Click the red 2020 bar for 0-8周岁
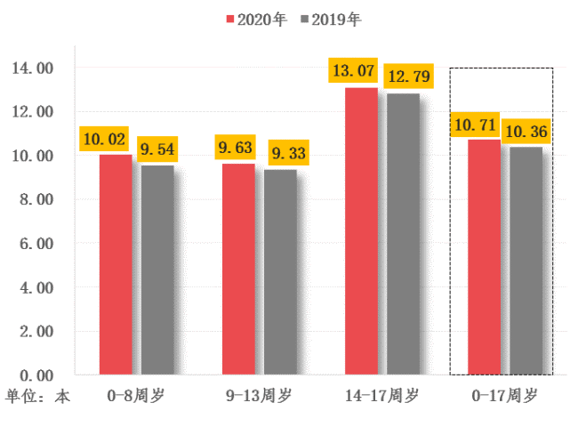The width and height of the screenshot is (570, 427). [x=116, y=264]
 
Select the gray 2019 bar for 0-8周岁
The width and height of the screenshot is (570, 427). [x=157, y=270]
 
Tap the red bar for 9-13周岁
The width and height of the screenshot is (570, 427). [x=238, y=269]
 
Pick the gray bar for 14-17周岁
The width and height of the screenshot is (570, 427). [x=403, y=233]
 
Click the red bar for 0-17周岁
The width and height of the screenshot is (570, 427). [x=485, y=257]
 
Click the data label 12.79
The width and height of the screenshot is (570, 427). [x=407, y=77]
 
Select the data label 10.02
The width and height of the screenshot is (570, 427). [x=104, y=138]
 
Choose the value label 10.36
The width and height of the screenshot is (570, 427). [x=526, y=133]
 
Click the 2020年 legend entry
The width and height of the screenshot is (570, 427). [x=255, y=19]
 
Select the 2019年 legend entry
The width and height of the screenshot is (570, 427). [x=330, y=19]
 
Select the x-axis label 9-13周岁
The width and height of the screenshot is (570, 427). [x=258, y=395]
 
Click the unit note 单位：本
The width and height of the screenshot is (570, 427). [x=37, y=395]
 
